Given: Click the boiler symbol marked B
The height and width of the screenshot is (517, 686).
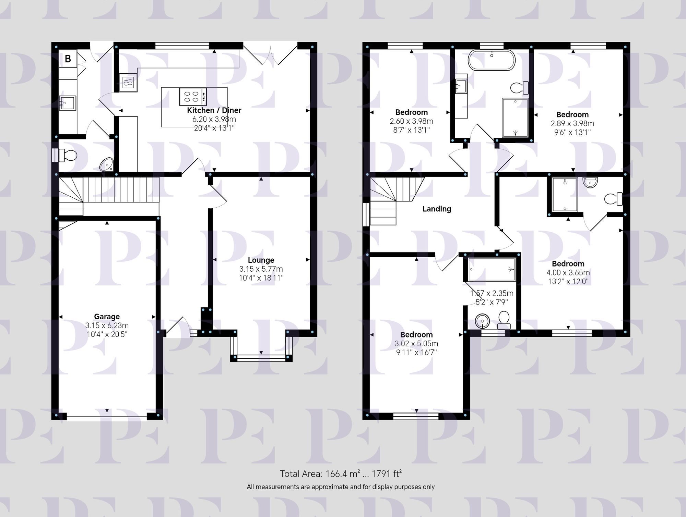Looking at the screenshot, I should pyautogui.click(x=68, y=59).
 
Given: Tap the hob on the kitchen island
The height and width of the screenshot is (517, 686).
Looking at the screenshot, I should pyautogui.click(x=193, y=96).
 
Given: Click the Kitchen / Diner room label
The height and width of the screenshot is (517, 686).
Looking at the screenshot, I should pyautogui.click(x=214, y=110).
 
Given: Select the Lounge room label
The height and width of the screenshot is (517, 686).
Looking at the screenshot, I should pyautogui.click(x=261, y=260).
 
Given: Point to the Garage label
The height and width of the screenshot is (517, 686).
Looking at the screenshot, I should pyautogui.click(x=107, y=317).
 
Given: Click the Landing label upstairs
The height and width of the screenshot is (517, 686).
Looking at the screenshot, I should pyautogui.click(x=437, y=209).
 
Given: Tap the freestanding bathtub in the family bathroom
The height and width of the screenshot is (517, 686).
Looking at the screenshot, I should pyautogui.click(x=492, y=60).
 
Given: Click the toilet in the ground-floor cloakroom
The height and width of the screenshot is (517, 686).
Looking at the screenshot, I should pyautogui.click(x=68, y=155).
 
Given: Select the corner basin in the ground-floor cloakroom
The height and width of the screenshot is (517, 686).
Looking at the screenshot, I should pyautogui.click(x=107, y=165).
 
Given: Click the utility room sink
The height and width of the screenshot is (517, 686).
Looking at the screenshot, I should pyautogui.click(x=67, y=103).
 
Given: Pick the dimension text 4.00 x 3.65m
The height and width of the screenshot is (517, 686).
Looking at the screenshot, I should pyautogui.click(x=568, y=273).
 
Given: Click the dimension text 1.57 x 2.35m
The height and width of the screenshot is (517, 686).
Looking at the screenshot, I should pyautogui.click(x=492, y=293).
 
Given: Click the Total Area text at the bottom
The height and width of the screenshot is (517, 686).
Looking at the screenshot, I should pyautogui.click(x=341, y=474).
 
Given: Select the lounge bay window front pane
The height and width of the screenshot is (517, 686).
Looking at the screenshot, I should pyautogui.click(x=261, y=358).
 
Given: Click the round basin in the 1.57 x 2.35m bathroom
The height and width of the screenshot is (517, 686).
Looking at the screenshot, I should pyautogui.click(x=482, y=321).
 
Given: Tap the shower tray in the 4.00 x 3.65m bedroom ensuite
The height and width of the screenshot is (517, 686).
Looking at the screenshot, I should pyautogui.click(x=565, y=195).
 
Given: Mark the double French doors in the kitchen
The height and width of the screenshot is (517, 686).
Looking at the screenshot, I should pyautogui.click(x=270, y=55).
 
